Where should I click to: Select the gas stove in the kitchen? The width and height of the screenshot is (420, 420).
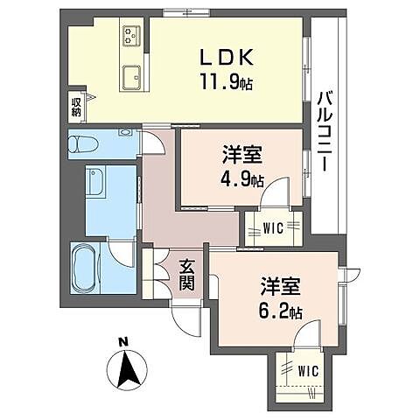point(133,35)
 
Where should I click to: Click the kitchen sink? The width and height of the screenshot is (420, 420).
point(133,76)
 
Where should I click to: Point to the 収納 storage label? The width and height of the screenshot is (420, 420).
point(76,107)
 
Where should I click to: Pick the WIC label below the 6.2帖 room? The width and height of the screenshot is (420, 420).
point(306,370)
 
